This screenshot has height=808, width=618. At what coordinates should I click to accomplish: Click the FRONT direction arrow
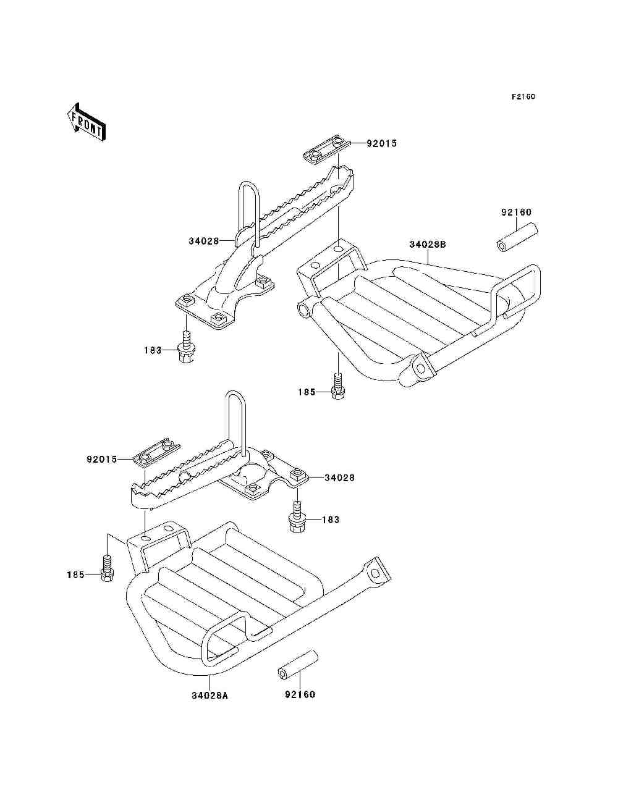point(86,122)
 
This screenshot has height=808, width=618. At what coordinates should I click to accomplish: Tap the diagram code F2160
point(523,97)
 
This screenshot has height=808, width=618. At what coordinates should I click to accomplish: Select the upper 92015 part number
point(381,143)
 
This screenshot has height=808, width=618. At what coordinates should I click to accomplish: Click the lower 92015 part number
point(101,460)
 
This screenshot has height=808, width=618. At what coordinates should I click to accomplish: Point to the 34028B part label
point(428,244)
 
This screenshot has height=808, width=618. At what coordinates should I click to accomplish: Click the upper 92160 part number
point(517,213)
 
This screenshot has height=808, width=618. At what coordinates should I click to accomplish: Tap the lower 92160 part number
point(300,694)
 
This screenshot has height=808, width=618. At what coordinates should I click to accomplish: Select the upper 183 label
point(153,350)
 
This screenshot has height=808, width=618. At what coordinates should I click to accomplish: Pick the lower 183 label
point(331,520)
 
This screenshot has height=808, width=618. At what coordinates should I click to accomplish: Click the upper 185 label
point(307,392)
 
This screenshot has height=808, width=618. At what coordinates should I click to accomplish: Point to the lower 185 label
point(75,574)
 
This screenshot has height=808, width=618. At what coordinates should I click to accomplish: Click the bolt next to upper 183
point(187,347)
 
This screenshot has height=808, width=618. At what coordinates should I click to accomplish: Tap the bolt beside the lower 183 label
point(297,516)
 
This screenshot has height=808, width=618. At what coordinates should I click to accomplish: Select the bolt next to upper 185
point(338,386)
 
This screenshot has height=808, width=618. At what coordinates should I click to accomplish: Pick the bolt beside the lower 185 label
point(107,568)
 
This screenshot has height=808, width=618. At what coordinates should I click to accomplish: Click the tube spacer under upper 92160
point(517,237)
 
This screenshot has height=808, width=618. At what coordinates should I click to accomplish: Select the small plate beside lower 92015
point(156,453)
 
